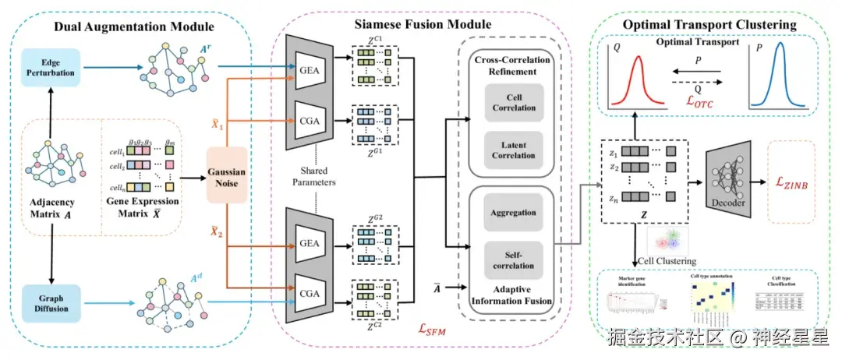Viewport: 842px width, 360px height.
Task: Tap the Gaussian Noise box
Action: tap(228, 173)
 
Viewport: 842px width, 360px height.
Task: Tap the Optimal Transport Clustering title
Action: tap(709, 24)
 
